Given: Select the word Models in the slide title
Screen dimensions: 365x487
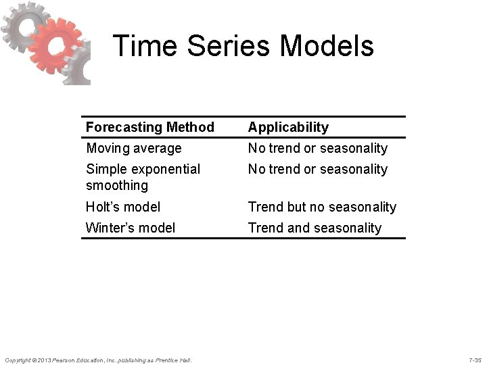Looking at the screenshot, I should [327, 46].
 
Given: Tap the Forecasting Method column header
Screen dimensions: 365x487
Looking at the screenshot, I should [149, 127].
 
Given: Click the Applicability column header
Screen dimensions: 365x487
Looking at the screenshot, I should [288, 127].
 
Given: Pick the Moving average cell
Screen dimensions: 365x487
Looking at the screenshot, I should [133, 148].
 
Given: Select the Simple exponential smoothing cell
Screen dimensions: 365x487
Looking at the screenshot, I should [143, 177].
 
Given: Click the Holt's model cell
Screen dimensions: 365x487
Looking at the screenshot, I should [123, 207].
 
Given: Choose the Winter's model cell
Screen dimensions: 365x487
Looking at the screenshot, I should [130, 228].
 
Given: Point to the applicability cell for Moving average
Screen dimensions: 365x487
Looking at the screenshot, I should [317, 148].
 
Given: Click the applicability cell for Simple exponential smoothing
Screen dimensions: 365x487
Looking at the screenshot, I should [317, 169].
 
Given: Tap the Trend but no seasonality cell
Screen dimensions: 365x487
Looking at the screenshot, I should [322, 207].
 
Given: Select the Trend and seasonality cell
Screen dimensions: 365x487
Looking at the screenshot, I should [315, 228].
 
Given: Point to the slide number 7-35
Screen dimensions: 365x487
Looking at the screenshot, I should [475, 359].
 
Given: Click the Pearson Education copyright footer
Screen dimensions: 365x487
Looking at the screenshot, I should [98, 359].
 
